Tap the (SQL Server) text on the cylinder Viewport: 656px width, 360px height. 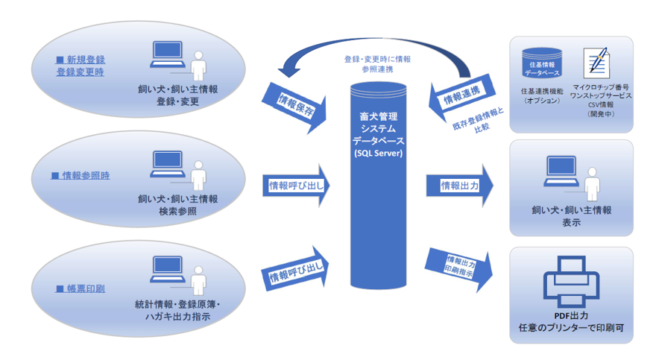378,154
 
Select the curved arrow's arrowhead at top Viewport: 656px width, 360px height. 287,69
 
